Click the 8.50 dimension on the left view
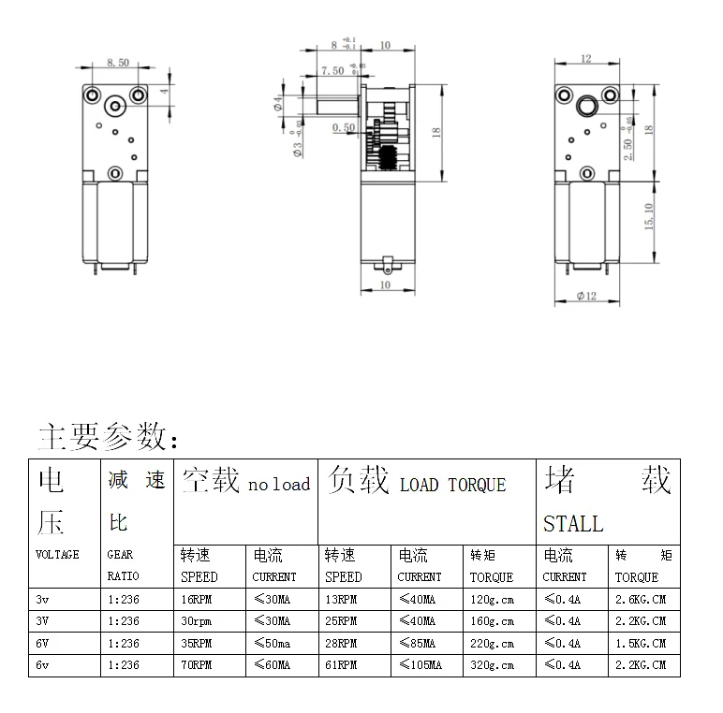pyautogui.click(x=118, y=62)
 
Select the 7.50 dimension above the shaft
pyautogui.click(x=332, y=70)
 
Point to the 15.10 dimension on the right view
pyautogui.click(x=649, y=216)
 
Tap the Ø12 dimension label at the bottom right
pyautogui.click(x=586, y=296)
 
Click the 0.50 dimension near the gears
pyautogui.click(x=344, y=127)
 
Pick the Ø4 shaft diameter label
pyautogui.click(x=277, y=104)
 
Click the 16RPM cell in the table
pyautogui.click(x=197, y=599)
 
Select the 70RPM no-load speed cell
pyautogui.click(x=197, y=664)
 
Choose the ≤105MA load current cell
pyautogui.click(x=421, y=664)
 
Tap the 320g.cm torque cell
pyautogui.click(x=492, y=664)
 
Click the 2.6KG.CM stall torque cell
pyautogui.click(x=641, y=599)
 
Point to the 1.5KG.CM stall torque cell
pyautogui.click(x=641, y=643)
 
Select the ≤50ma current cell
pyautogui.click(x=272, y=643)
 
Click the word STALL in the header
pyautogui.click(x=573, y=524)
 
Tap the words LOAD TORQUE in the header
pyautogui.click(x=452, y=485)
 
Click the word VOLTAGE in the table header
pyautogui.click(x=57, y=554)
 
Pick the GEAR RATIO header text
pyautogui.click(x=123, y=565)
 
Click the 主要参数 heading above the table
pyautogui.click(x=102, y=436)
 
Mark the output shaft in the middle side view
pyautogui.click(x=338, y=106)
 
